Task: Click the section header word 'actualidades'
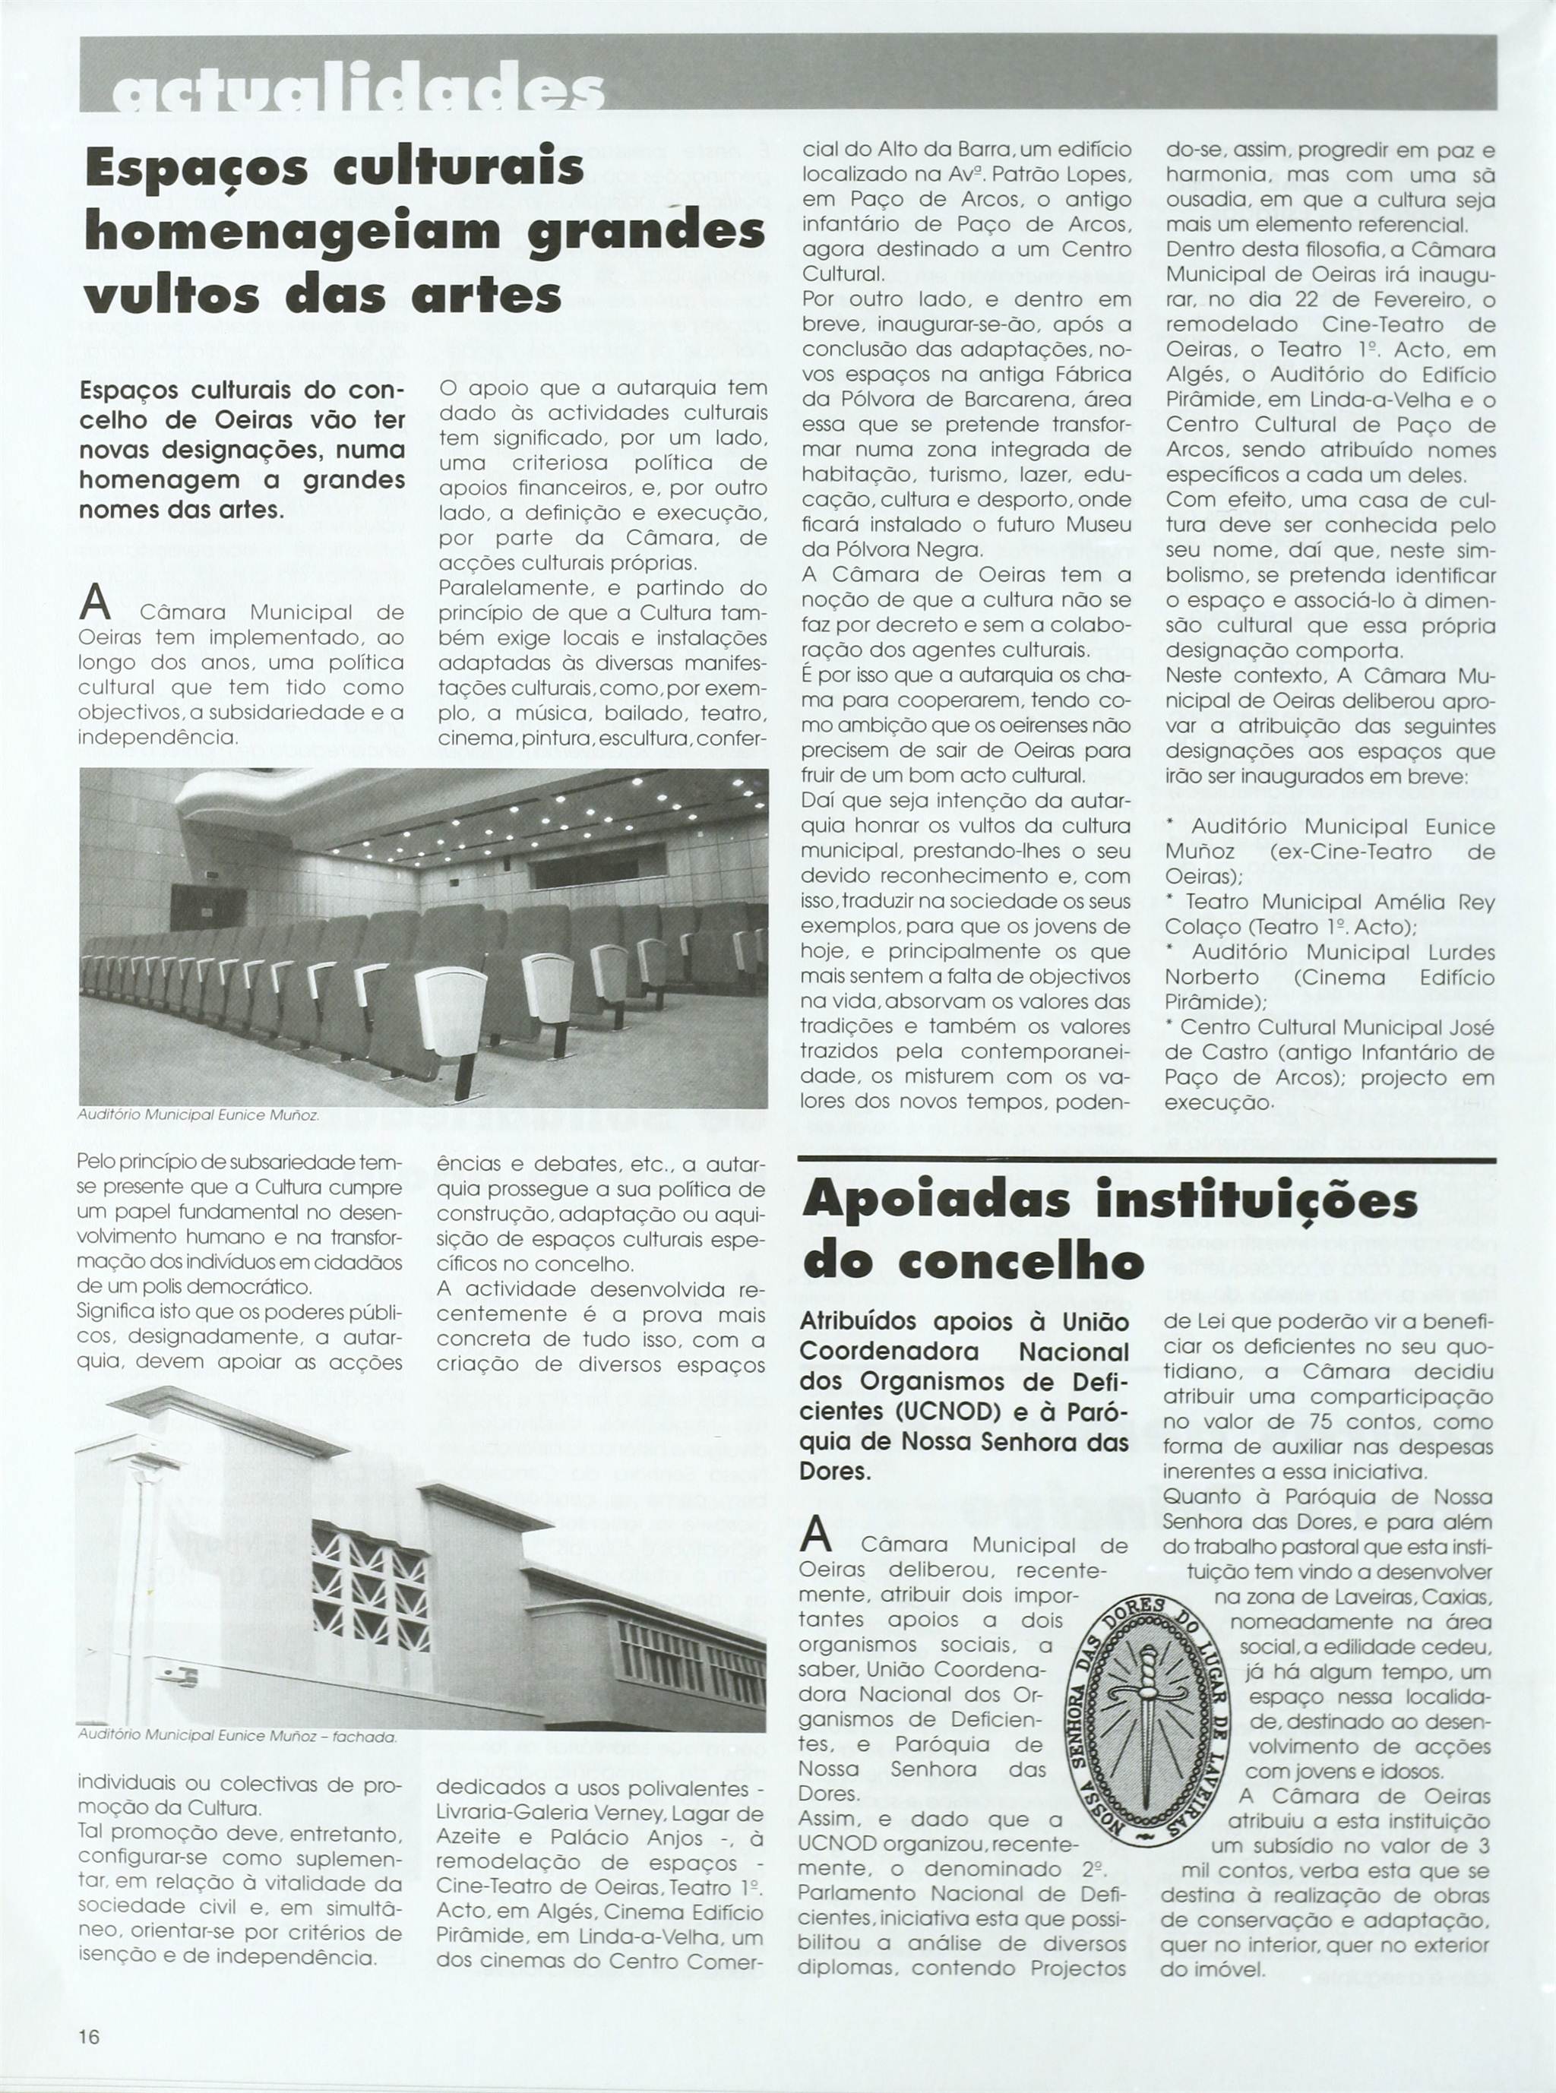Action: click(358, 93)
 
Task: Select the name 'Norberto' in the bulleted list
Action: click(1211, 977)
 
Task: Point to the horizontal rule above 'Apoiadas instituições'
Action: click(1146, 1157)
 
